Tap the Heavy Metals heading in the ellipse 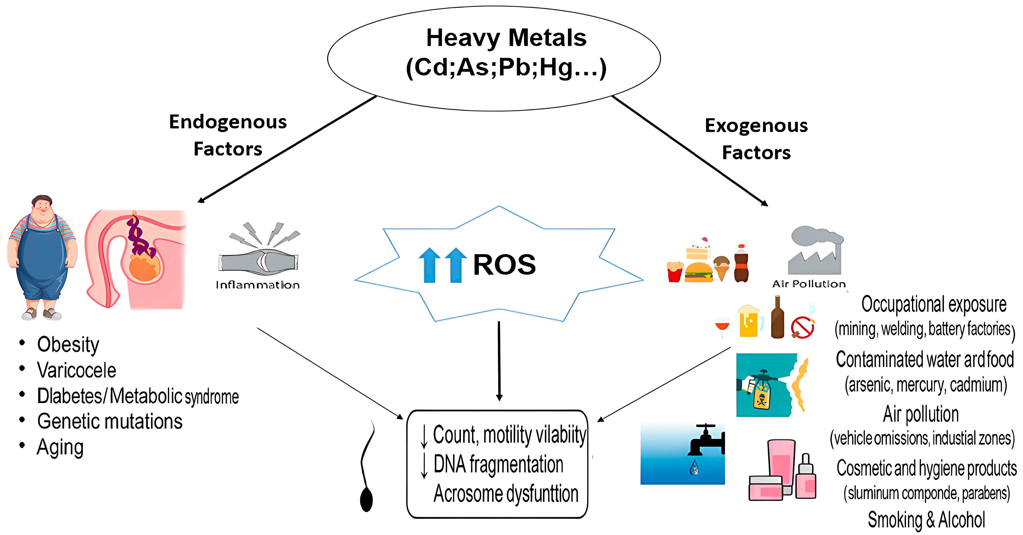click(x=506, y=38)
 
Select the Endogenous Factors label click(x=228, y=135)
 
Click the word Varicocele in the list click(x=77, y=370)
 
